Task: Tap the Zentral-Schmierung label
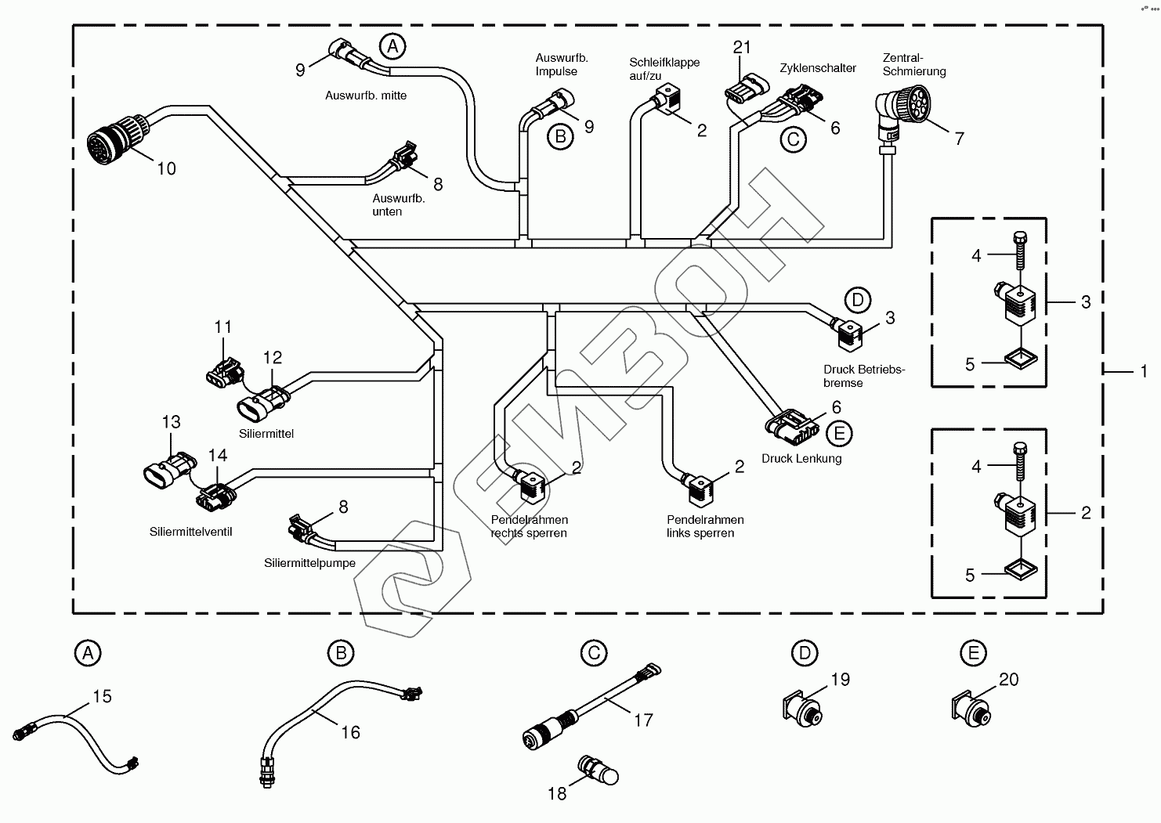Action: (x=913, y=65)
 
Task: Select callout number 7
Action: (x=959, y=139)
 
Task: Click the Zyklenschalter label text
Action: (x=818, y=68)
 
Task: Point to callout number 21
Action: (x=742, y=47)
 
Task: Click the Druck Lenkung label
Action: (x=801, y=459)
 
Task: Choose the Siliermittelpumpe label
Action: (x=309, y=563)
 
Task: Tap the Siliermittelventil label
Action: (x=190, y=532)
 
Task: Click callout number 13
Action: (x=171, y=422)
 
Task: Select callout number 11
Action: (x=223, y=327)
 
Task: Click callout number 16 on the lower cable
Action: (x=350, y=732)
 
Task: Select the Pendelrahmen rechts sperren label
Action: (x=529, y=527)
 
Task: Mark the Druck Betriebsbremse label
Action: (x=864, y=377)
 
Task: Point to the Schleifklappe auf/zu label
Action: (x=664, y=69)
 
